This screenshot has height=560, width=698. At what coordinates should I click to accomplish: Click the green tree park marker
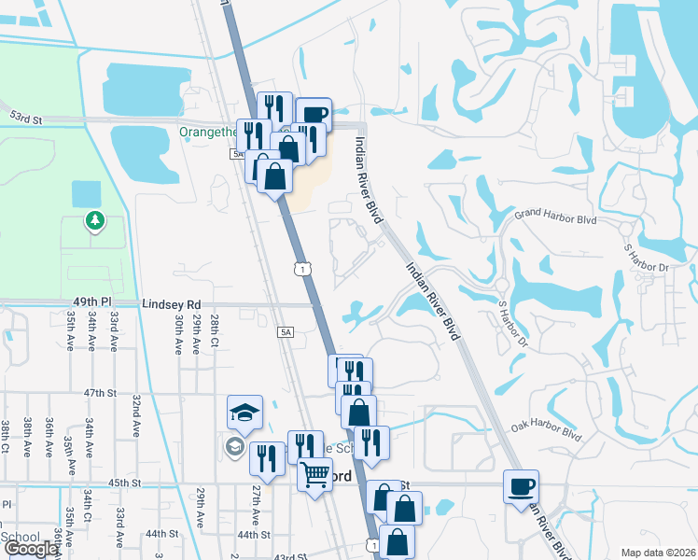(93, 220)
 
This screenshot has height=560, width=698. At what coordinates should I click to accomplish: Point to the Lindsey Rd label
(172, 304)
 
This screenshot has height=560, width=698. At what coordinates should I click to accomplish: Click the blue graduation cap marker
(245, 413)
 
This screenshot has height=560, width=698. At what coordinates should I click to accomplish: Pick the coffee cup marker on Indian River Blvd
(520, 485)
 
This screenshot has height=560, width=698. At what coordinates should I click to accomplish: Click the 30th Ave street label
(177, 333)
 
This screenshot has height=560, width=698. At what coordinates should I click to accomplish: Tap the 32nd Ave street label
(136, 411)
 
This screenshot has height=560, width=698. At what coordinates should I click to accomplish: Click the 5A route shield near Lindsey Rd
(286, 331)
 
